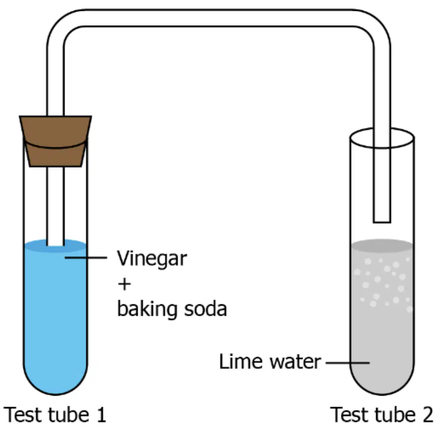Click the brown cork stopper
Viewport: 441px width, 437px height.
(x=55, y=141)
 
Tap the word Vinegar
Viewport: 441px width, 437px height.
(x=152, y=258)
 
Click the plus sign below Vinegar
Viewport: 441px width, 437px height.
(x=124, y=284)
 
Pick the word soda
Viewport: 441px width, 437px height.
(x=205, y=309)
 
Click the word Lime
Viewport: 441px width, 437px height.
(x=240, y=361)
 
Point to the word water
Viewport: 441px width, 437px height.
(x=295, y=362)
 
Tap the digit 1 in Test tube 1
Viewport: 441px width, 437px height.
(x=101, y=414)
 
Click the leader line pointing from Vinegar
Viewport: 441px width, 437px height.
(x=86, y=257)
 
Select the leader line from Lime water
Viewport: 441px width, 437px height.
(x=347, y=363)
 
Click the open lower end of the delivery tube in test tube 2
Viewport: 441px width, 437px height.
(x=382, y=222)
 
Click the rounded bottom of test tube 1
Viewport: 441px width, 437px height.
(x=55, y=394)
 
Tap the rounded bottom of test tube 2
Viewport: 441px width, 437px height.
(x=382, y=394)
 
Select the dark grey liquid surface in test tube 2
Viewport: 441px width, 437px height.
(x=382, y=246)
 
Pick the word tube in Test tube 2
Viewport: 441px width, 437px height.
(x=395, y=414)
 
